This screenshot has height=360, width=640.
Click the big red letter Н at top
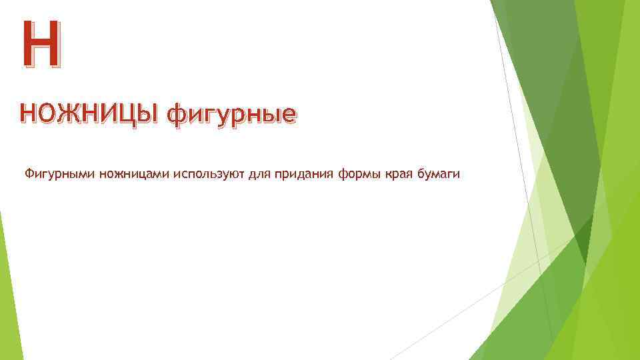tap(39, 45)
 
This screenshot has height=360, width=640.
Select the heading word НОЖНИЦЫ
tap(89, 115)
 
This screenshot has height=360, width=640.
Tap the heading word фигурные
tap(231, 116)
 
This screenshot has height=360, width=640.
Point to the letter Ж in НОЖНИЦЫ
tap(69, 115)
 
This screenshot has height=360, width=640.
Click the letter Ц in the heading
tap(134, 115)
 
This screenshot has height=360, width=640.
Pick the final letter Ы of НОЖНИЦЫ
tap(151, 115)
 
